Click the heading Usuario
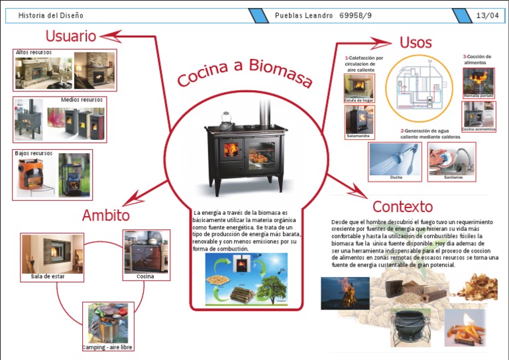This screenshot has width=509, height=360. [x=70, y=36]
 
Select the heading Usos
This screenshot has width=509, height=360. [x=416, y=43]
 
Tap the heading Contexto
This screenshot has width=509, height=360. [x=402, y=206]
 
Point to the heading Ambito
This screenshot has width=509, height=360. [x=105, y=215]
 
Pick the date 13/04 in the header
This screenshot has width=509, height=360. [x=487, y=15]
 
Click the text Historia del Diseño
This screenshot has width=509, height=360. [x=51, y=15]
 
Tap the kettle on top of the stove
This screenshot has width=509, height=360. [x=226, y=121]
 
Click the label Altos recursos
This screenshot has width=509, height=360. [x=34, y=52]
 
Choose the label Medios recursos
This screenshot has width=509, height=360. [x=82, y=100]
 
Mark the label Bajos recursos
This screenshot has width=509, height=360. [x=34, y=153]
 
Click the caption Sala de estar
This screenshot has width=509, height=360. [x=48, y=276]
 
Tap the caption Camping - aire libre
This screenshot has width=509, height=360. [x=107, y=347]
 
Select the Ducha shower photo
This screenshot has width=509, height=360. [x=395, y=159]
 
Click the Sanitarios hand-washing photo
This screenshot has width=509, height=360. [x=452, y=159]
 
